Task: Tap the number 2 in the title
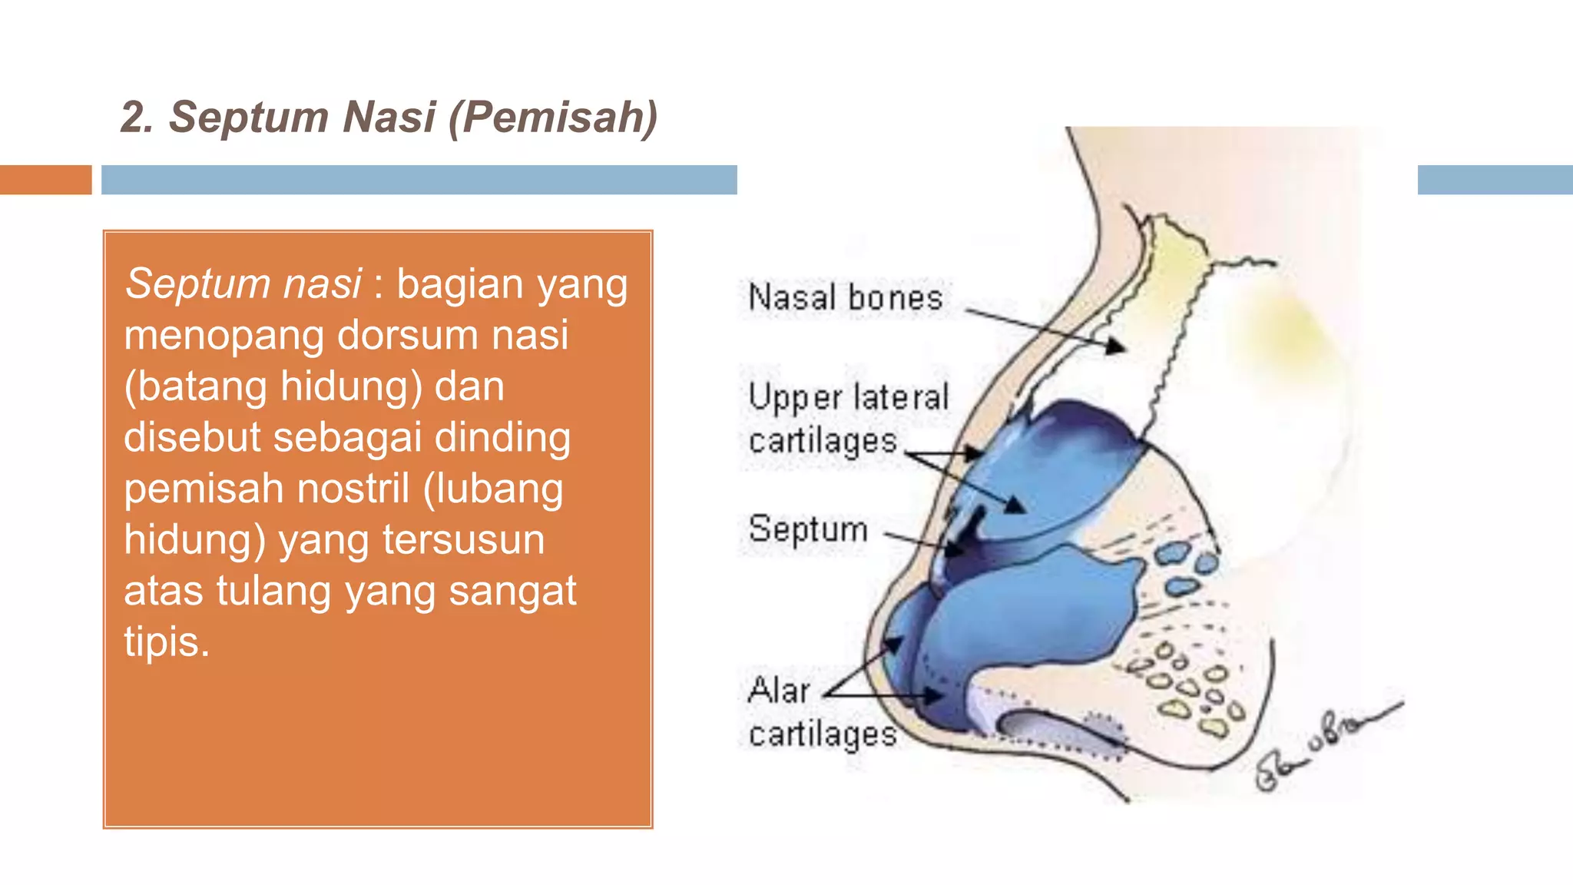pyautogui.click(x=134, y=118)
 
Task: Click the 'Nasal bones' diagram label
pyautogui.click(x=845, y=297)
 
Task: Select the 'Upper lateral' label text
pyautogui.click(x=849, y=398)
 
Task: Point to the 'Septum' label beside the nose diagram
pyautogui.click(x=808, y=529)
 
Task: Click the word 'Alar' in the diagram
pyautogui.click(x=779, y=690)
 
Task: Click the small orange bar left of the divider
pyautogui.click(x=45, y=180)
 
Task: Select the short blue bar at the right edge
pyautogui.click(x=1495, y=180)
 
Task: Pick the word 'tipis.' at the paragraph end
pyautogui.click(x=167, y=641)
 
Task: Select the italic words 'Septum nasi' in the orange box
pyautogui.click(x=243, y=283)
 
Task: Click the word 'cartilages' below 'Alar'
pyautogui.click(x=823, y=734)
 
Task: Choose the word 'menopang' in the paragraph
pyautogui.click(x=224, y=336)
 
